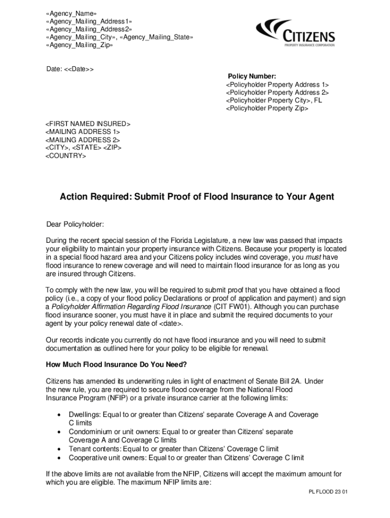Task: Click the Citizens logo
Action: (x=295, y=32)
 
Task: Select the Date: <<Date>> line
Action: (x=70, y=69)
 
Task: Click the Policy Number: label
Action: (x=252, y=76)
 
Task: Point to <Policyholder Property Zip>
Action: (x=267, y=108)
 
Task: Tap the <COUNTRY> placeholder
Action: (x=66, y=156)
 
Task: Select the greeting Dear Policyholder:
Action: (x=75, y=224)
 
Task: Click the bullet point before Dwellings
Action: (x=59, y=415)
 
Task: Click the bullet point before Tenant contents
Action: (x=59, y=449)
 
